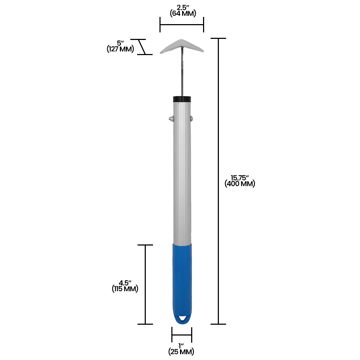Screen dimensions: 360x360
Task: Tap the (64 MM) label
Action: pyautogui.click(x=183, y=14)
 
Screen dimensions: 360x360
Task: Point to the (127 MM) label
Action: pyautogui.click(x=120, y=49)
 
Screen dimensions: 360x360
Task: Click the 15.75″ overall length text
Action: pyautogui.click(x=240, y=177)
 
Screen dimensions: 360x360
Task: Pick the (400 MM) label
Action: pyautogui.click(x=240, y=184)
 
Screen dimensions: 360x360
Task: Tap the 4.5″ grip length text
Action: pyautogui.click(x=125, y=283)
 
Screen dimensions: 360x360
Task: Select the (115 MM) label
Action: pyautogui.click(x=125, y=289)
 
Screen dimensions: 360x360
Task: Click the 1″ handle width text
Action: pyautogui.click(x=181, y=346)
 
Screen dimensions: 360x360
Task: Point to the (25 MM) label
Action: pyautogui.click(x=181, y=351)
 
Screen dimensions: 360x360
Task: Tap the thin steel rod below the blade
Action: pyautogui.click(x=183, y=76)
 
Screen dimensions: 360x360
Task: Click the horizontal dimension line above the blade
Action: pyautogui.click(x=182, y=25)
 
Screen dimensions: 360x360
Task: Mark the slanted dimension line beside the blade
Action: pyautogui.click(x=143, y=47)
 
